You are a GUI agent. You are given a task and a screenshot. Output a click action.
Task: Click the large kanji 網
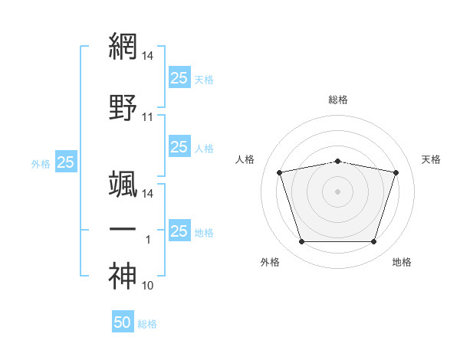(123, 46)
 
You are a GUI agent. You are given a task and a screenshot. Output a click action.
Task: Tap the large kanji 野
(123, 107)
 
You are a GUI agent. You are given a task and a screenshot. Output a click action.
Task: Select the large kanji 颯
(123, 184)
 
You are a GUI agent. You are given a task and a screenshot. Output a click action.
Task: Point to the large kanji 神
(123, 276)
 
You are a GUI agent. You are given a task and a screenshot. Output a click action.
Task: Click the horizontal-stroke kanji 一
(123, 229)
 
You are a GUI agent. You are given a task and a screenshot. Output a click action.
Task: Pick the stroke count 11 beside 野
(147, 117)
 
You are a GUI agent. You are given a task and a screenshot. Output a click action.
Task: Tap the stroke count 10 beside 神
(147, 286)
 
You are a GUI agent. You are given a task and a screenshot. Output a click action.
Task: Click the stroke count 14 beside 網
(147, 56)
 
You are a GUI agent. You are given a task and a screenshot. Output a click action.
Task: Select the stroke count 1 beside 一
(148, 240)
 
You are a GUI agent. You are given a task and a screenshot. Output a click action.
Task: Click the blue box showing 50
(123, 321)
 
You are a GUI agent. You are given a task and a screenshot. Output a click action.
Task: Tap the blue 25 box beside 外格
(66, 162)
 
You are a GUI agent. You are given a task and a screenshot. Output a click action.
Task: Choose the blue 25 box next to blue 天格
(179, 77)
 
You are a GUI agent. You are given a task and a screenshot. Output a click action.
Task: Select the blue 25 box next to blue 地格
(179, 230)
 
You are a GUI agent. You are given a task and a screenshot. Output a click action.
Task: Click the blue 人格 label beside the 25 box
(204, 149)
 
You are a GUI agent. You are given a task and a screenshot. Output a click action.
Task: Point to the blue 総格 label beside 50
(147, 324)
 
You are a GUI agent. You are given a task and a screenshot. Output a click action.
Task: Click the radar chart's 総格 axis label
(338, 100)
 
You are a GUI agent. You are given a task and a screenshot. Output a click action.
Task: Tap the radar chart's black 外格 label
(270, 262)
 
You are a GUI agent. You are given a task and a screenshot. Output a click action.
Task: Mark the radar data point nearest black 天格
(396, 172)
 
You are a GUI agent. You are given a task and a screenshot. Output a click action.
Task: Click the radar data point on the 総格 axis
(337, 162)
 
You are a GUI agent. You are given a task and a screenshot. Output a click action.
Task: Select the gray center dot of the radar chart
(337, 191)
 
